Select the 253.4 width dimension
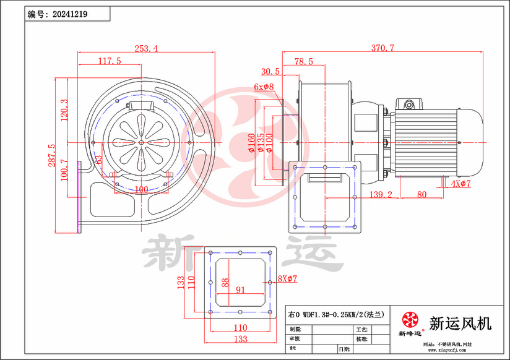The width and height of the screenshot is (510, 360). point(145,48)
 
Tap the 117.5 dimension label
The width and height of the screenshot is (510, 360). point(109,61)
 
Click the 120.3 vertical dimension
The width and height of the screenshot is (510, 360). point(64,111)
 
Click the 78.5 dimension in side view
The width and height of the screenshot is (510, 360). point(303,61)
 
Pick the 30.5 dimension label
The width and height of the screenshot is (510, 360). point(270,71)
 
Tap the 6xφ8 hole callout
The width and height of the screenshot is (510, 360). point(264,87)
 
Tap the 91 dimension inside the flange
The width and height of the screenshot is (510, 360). point(241,289)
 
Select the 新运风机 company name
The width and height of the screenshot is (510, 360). point(460,322)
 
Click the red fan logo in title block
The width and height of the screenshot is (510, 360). point(410,320)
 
